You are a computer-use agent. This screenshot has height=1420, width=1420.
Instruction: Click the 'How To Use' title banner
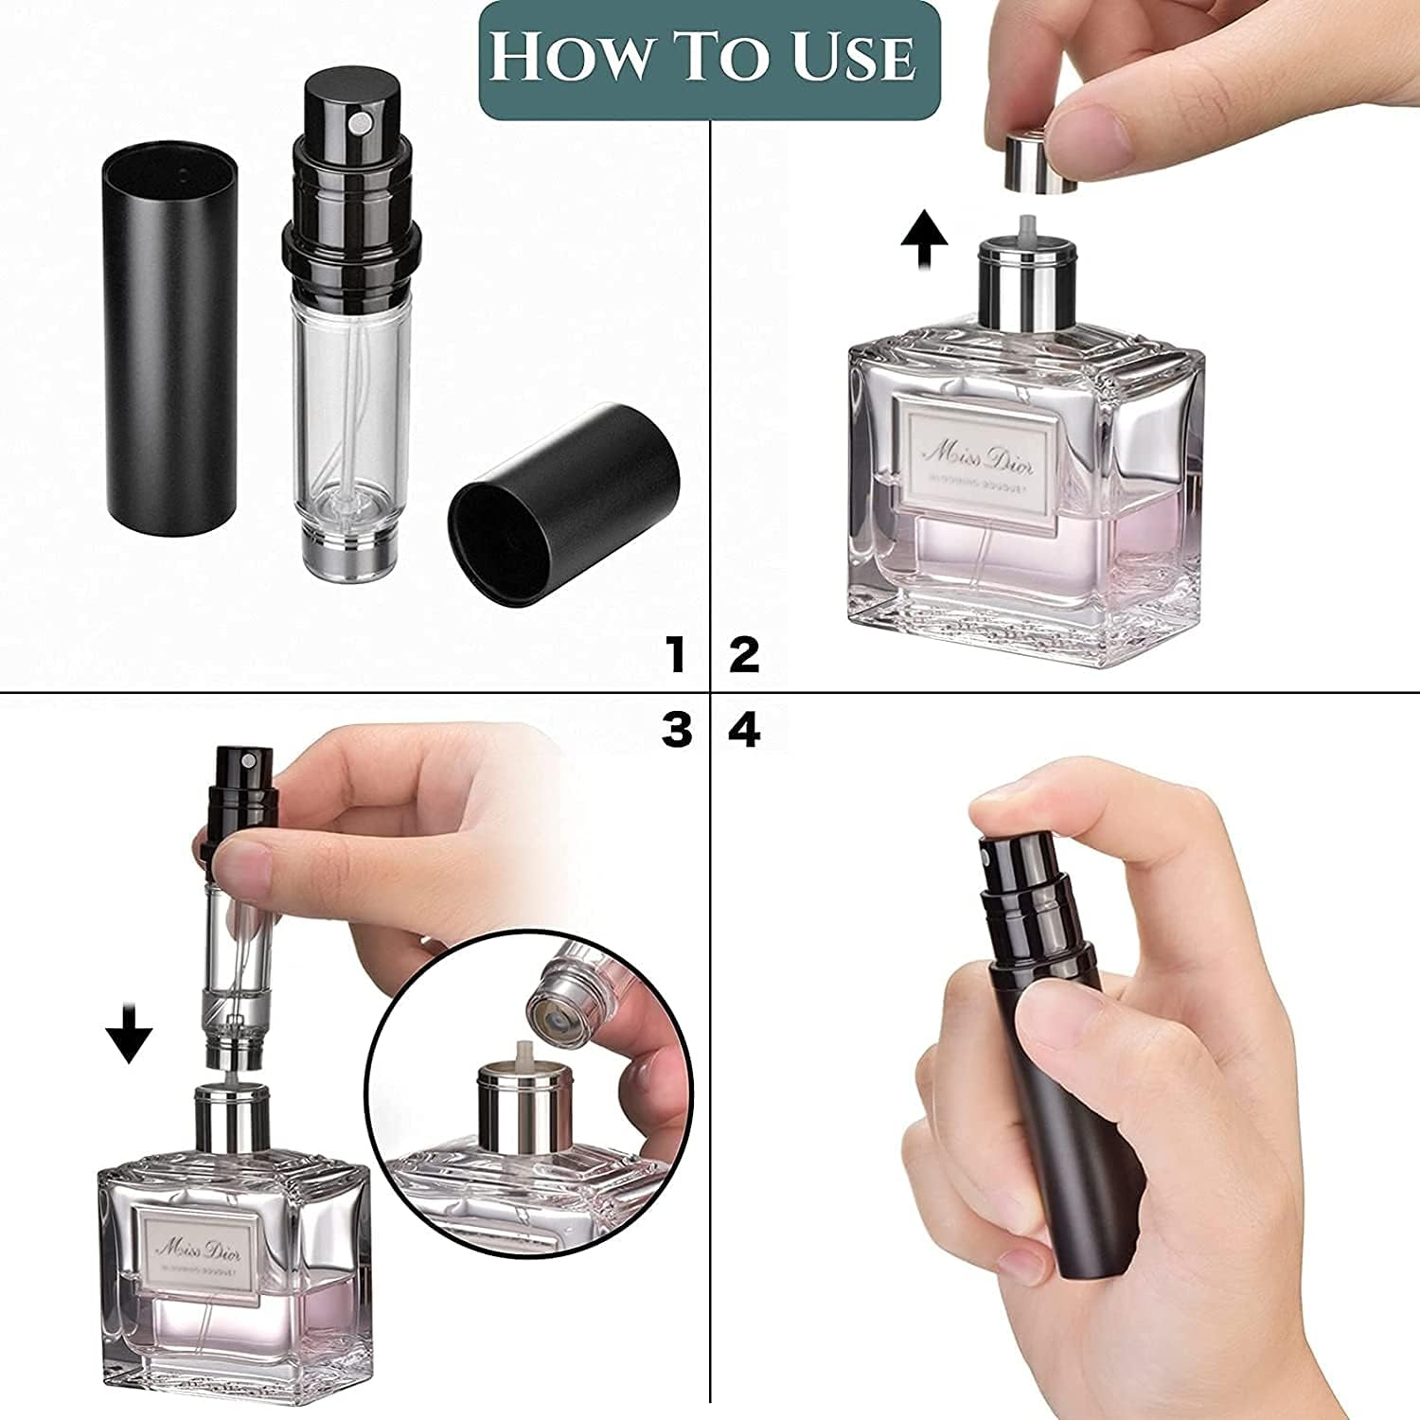709,59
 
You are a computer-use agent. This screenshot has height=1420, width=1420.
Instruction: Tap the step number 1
675,655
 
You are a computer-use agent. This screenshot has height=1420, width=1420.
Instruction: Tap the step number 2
744,655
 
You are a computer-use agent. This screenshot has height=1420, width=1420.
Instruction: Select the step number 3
676,730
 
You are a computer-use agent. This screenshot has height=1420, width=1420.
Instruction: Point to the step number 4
745,730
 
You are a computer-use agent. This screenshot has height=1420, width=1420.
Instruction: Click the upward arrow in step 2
923,241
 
